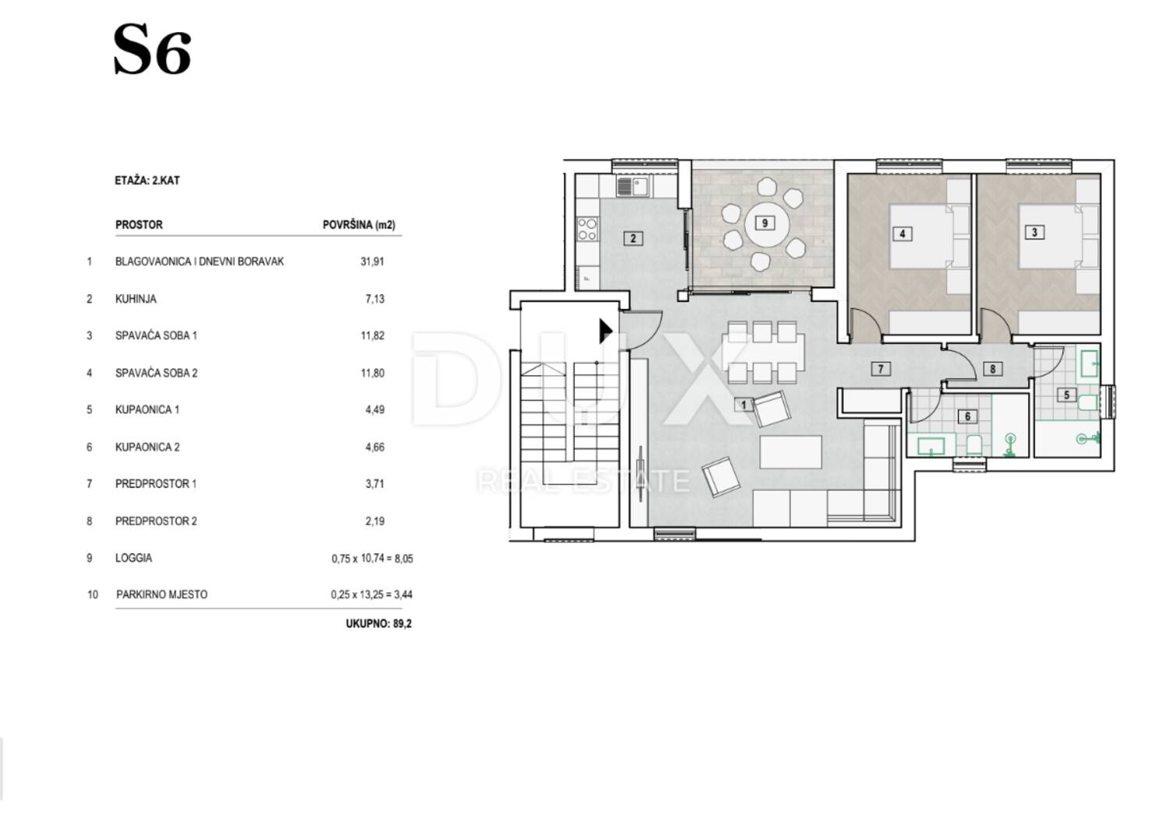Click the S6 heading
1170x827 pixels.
[152, 50]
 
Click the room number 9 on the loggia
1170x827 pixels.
[764, 223]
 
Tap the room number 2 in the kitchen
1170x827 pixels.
[633, 239]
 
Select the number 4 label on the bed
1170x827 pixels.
[902, 233]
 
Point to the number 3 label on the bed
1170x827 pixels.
[1035, 232]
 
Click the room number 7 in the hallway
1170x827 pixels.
[881, 369]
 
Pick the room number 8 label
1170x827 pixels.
[993, 369]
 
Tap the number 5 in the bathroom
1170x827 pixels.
[1066, 395]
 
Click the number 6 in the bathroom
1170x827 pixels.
[967, 417]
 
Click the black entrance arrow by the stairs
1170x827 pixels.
[606, 332]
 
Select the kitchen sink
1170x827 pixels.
[633, 186]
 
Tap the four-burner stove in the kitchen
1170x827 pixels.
[587, 229]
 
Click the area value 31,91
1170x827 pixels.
[372, 261]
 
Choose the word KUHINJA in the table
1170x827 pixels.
[136, 299]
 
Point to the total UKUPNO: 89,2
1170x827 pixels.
[378, 624]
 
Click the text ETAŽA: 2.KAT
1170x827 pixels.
[147, 181]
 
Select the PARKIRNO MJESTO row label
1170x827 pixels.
[162, 595]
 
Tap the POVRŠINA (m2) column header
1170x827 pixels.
[359, 225]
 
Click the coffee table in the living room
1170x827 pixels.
[791, 453]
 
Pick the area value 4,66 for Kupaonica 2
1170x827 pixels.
[375, 447]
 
